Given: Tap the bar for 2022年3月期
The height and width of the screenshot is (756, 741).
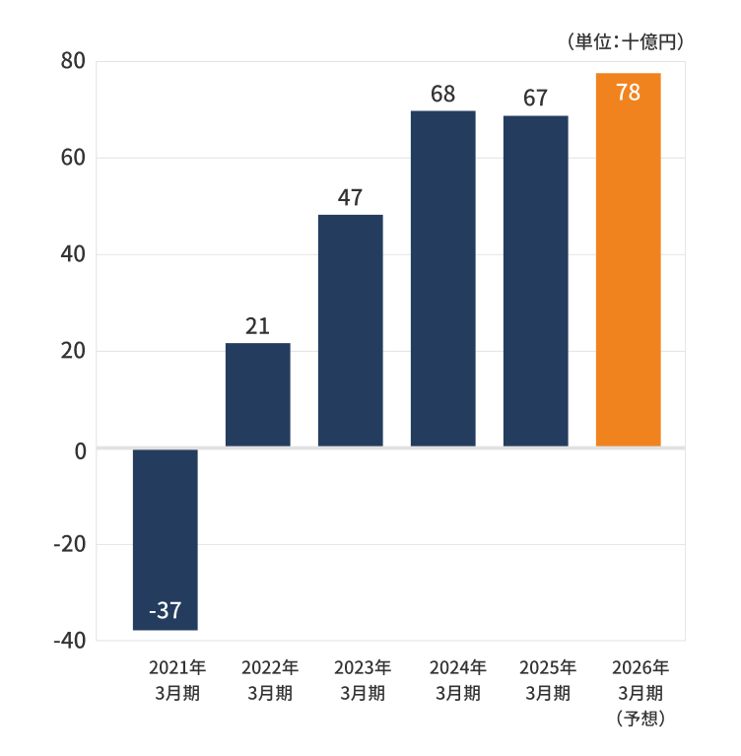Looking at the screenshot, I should (x=257, y=394).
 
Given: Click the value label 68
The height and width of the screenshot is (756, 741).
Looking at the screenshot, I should (x=442, y=95).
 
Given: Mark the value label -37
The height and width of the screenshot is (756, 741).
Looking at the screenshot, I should (x=165, y=611).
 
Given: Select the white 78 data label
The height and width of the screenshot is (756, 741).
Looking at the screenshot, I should (x=628, y=93).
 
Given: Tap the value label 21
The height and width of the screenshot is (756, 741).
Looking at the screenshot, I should (x=257, y=326).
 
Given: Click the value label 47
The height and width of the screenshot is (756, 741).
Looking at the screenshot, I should (x=350, y=198).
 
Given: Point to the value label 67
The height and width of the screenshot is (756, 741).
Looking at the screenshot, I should (x=535, y=99).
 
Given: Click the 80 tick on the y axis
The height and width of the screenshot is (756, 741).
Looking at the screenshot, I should (x=73, y=61).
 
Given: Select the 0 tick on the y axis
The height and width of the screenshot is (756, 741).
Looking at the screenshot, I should (x=79, y=449).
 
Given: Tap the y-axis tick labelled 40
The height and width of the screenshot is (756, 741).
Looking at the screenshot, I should (x=73, y=254).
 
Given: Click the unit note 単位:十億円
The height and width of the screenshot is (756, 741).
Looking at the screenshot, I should (x=626, y=41).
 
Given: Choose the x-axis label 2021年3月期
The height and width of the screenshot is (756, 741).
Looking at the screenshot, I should (x=177, y=680).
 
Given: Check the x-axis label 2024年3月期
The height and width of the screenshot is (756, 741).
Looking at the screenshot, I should (x=457, y=680).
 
